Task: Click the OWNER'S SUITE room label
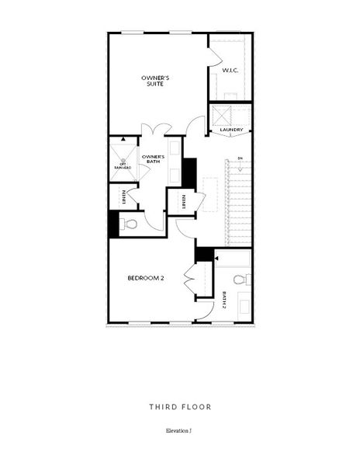pos(154,81)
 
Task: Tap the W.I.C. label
pos(230,71)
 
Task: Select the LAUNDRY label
pos(231,130)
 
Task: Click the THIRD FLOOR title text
pos(179,406)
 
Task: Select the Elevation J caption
pos(179,429)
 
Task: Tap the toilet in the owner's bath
pos(130,225)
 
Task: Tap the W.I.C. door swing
pos(214,54)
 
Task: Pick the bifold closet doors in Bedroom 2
pos(188,280)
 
